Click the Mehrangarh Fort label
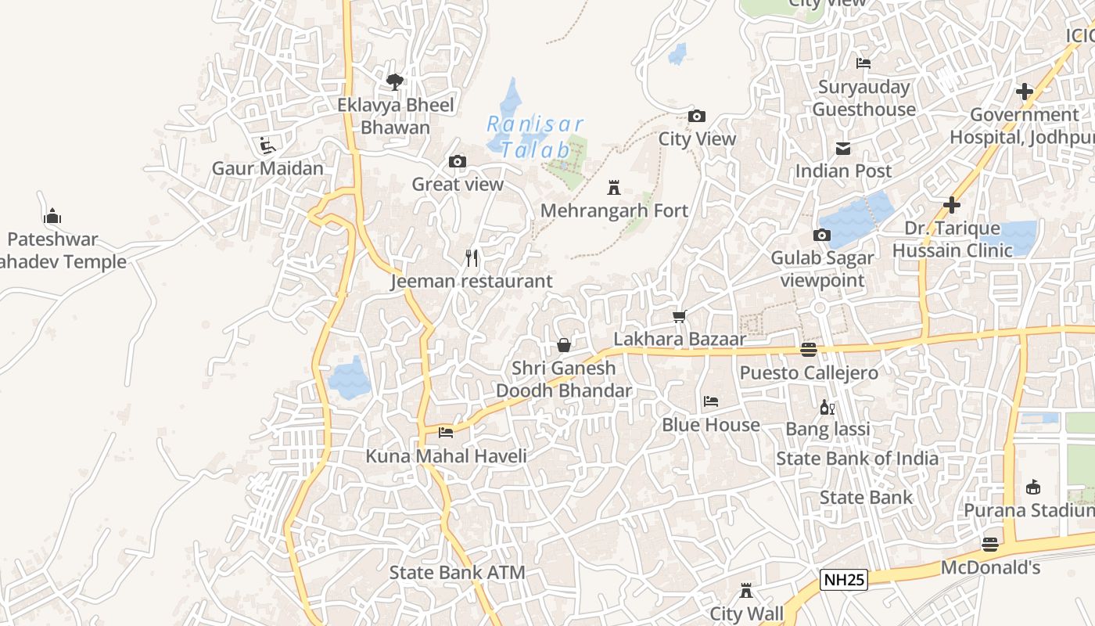coord(614,210)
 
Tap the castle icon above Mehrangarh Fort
coord(614,188)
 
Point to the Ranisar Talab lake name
coord(536,136)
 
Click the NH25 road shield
coord(844,580)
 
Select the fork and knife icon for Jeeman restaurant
coord(472,257)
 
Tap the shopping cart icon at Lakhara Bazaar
coord(680,316)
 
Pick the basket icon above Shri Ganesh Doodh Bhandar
coord(563,345)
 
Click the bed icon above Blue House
coord(710,401)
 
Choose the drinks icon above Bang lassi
coord(827,407)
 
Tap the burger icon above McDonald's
coord(990,545)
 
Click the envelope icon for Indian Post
coord(843,148)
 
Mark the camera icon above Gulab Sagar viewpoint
coord(821,235)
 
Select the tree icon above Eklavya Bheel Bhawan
coord(395,81)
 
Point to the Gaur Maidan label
coord(267,168)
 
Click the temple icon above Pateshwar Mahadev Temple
coord(52,216)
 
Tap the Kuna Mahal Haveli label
coord(446,455)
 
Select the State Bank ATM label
coord(457,572)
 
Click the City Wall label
coord(746,613)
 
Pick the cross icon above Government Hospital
coord(1024,92)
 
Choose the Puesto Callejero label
coord(809,372)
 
